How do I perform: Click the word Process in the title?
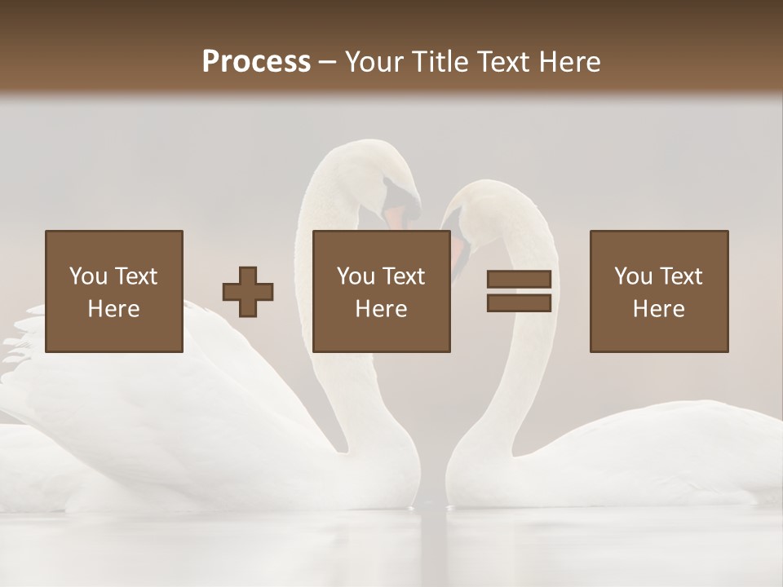pos(256,62)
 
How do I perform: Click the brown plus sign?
pos(248,292)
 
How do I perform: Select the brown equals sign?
pos(519,291)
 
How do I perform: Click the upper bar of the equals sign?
pos(519,279)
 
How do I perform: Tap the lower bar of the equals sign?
pos(519,303)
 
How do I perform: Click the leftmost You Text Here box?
pos(113,291)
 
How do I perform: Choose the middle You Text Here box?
pos(381,291)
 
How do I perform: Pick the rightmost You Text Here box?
pos(658,291)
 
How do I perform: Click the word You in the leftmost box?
pos(88,276)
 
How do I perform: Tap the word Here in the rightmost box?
pos(658,309)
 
